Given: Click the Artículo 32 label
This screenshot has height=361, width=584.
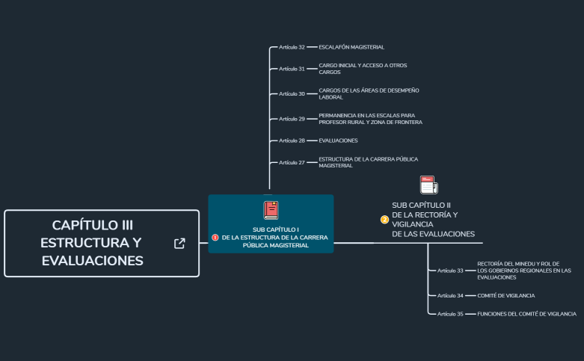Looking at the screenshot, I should coord(292,47).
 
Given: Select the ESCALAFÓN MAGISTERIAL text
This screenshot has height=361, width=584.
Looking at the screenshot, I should coord(351,47).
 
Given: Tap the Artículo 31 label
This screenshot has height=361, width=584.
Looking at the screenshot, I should coord(292,69).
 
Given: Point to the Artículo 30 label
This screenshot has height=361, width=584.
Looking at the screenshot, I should coord(292,94).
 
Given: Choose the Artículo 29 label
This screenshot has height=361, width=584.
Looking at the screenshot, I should coord(292,119).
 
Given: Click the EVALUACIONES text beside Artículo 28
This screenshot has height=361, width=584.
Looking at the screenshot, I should coord(338,141).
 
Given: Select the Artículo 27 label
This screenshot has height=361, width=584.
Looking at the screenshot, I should coord(292,162).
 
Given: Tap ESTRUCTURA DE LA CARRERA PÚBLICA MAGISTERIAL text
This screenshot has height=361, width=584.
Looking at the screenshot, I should coord(367,162).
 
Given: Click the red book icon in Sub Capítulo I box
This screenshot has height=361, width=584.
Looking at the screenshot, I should coord(271,210).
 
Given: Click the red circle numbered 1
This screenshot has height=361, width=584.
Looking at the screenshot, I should coord(215,237).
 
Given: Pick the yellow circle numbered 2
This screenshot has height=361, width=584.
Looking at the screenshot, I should coord(384,220).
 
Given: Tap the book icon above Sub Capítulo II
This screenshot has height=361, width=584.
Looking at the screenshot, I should coord(428,185).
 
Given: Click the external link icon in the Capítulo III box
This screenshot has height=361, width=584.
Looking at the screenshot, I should coord(179,243).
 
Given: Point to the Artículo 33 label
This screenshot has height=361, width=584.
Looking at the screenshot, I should coord(450,271).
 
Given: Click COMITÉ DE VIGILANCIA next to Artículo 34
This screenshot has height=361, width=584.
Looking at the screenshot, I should coord(505,295).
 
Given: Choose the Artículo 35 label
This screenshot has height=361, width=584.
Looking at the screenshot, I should coord(450,314).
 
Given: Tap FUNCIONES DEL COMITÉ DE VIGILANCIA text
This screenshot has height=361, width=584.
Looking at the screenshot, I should coord(526,314).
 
